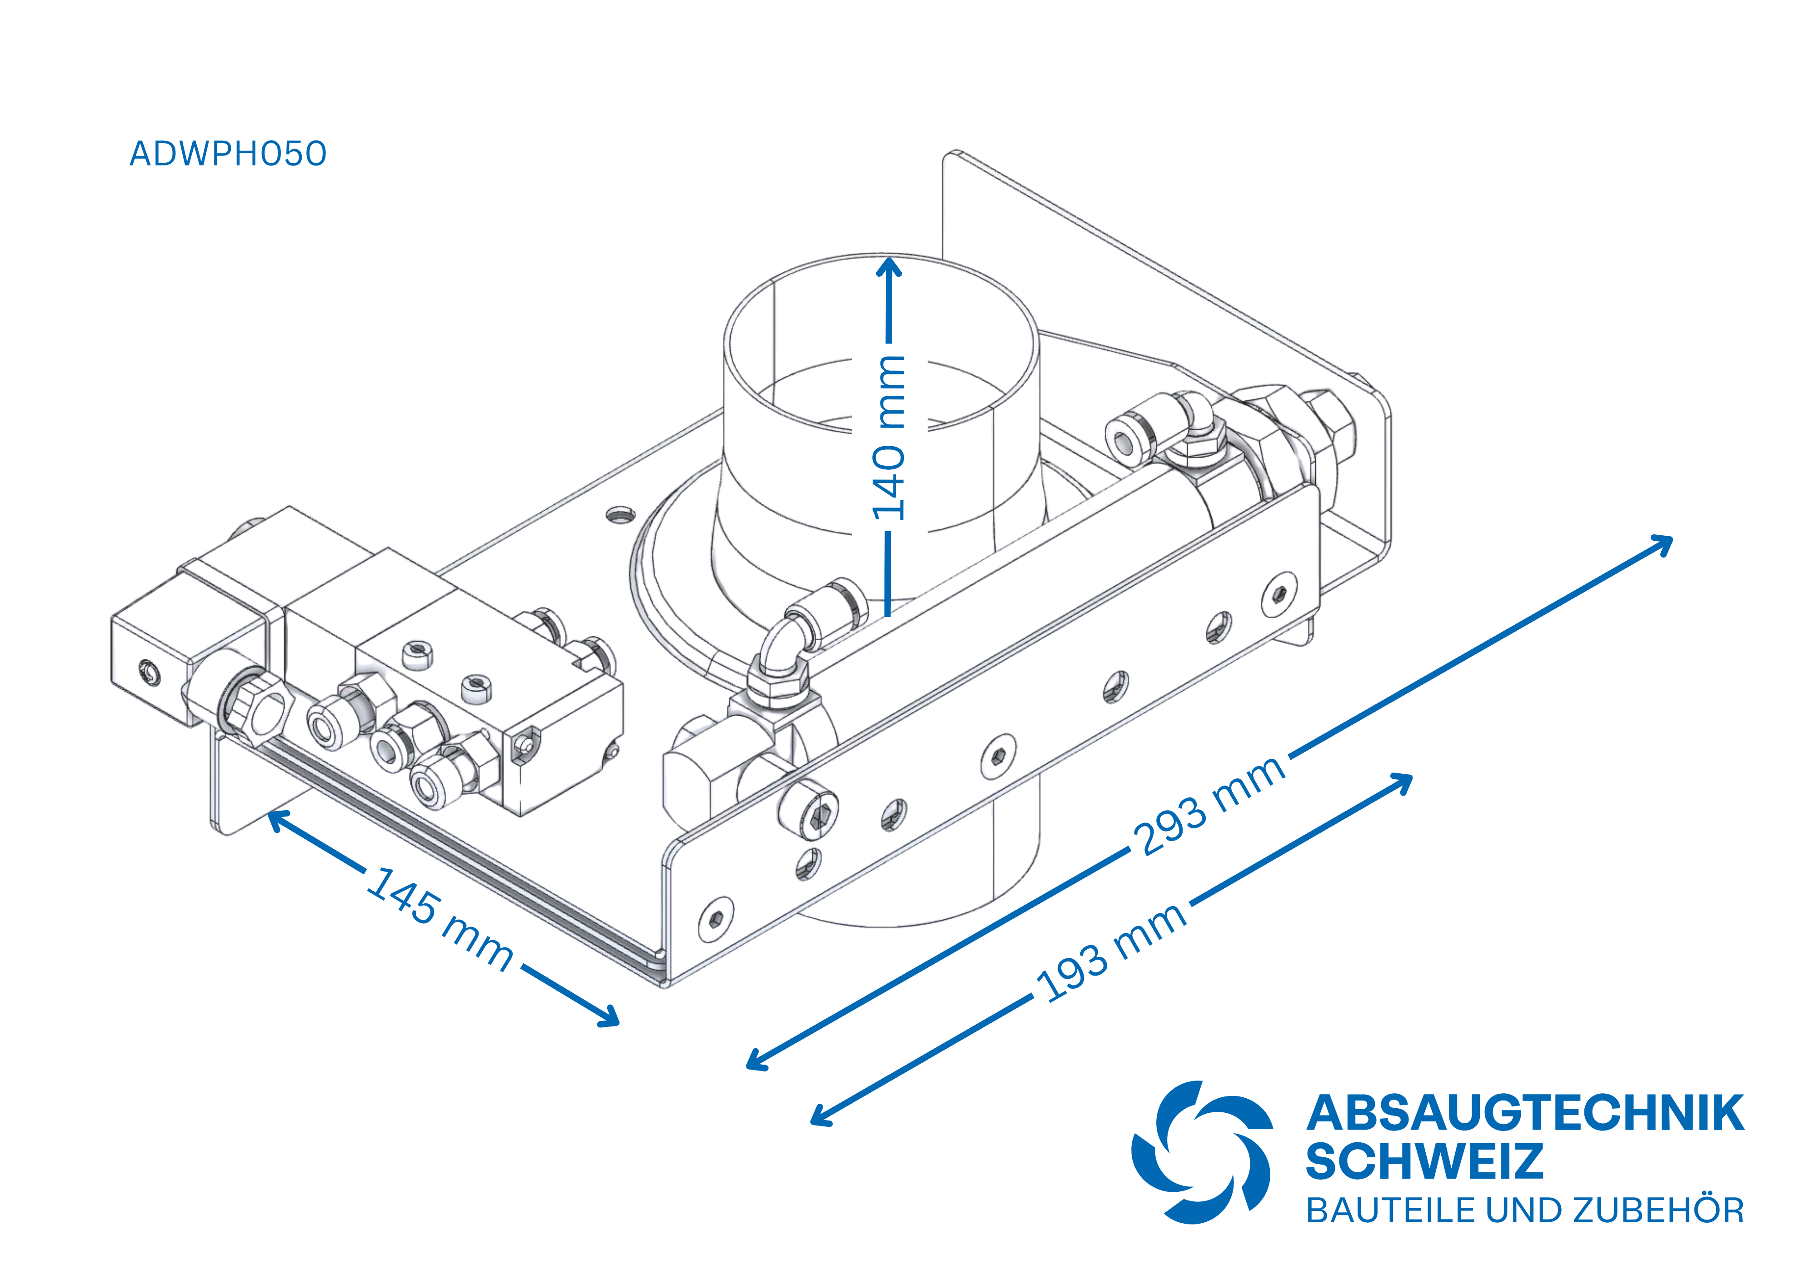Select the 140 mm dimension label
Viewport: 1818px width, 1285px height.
click(889, 438)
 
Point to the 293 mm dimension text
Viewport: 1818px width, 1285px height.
click(1209, 804)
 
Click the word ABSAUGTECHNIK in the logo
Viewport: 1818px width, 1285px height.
click(1524, 1114)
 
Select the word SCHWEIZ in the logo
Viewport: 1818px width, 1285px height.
click(1423, 1161)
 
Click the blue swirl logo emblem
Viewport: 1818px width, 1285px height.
click(1201, 1152)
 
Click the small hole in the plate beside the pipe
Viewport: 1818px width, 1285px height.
click(619, 515)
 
